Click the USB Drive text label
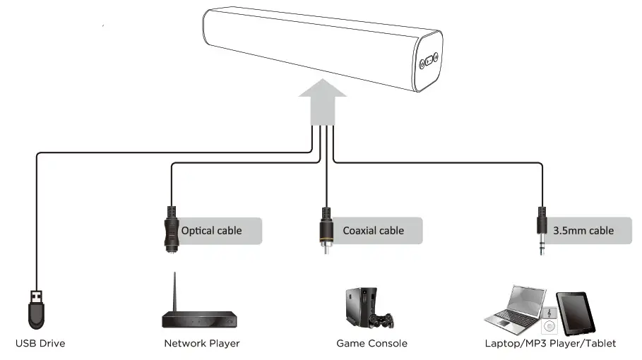40,344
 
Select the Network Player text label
201,344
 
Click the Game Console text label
371,344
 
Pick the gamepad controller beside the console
383,322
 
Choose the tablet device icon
576,312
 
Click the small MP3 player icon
549,320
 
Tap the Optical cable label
211,231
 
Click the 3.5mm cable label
583,231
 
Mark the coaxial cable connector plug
325,232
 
